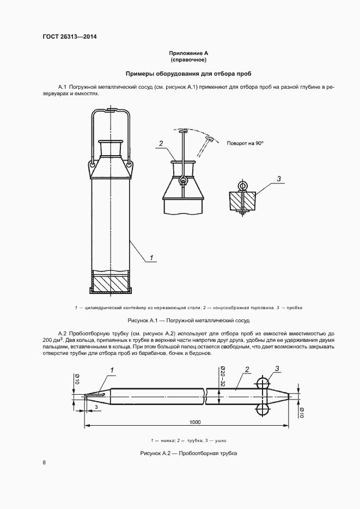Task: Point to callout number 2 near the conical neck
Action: (x=162, y=144)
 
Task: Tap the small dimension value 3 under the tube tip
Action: (x=96, y=406)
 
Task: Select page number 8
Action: (x=44, y=463)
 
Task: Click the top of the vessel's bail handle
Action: (x=111, y=111)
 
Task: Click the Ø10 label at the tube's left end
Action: (x=77, y=379)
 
